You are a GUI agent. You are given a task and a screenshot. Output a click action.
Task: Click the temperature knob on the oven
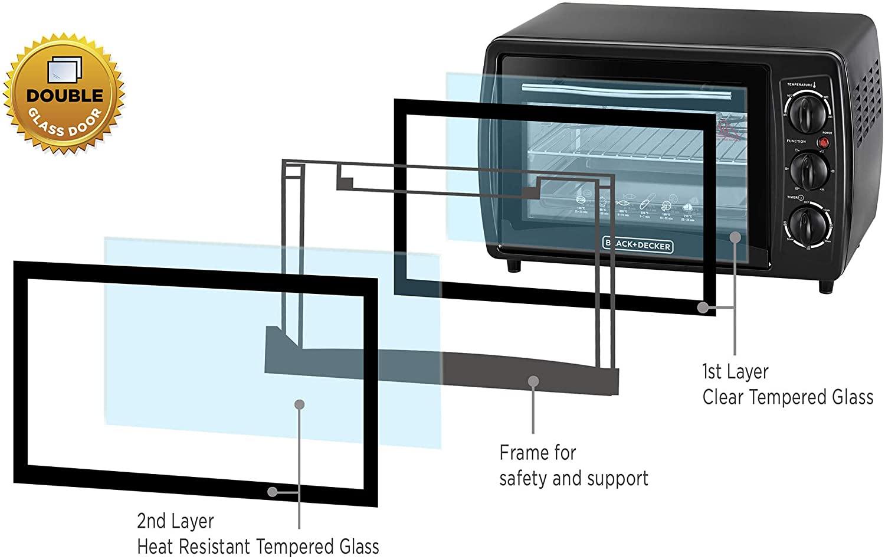[x=805, y=115]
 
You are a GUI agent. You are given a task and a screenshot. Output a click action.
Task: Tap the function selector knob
[x=806, y=169]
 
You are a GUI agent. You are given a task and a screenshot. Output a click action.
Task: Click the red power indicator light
[x=825, y=143]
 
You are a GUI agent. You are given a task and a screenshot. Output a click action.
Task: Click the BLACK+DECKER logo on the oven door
[x=637, y=244]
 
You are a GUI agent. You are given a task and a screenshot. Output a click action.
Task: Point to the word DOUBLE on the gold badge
[x=65, y=96]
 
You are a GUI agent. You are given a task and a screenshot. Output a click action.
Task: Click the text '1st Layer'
[x=735, y=372]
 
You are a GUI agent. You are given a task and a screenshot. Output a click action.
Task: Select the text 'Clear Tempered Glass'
[x=787, y=397]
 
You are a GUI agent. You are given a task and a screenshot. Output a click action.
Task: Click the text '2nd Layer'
[x=175, y=522]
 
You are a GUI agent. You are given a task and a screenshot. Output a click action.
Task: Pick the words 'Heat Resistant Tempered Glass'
[x=258, y=547]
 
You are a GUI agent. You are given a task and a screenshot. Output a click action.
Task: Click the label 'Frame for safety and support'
[x=573, y=466]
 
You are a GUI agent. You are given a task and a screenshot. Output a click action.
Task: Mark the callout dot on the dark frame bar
[x=533, y=381]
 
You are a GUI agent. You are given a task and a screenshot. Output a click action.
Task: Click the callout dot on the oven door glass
[x=735, y=237]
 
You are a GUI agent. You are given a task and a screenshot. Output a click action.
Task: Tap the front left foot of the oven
[x=515, y=265]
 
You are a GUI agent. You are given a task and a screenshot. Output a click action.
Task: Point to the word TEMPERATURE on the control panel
[x=798, y=85]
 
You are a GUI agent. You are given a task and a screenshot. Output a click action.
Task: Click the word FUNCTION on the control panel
[x=795, y=142]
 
